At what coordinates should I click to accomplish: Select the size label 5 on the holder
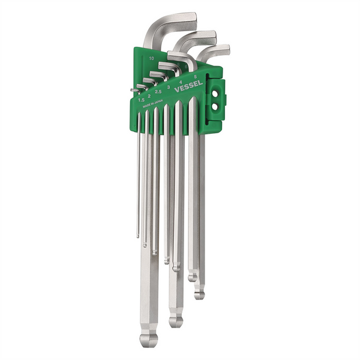(x=196, y=77)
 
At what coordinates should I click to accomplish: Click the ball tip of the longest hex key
(x=148, y=340)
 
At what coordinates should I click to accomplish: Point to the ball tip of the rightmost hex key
(x=199, y=294)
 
